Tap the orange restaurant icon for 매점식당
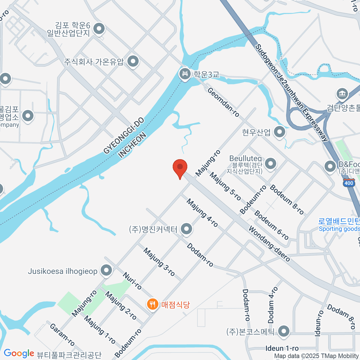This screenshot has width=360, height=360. tap(153, 304)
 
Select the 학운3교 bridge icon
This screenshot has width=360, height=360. tap(184, 73)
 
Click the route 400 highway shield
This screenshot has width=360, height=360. tap(349, 183)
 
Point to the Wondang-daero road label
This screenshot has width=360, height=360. tap(269, 244)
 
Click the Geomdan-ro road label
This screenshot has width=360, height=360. tap(223, 102)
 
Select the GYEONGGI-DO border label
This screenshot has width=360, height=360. tap(124, 136)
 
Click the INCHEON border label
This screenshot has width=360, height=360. tap(132, 145)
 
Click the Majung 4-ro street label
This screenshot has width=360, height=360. tap(202, 213)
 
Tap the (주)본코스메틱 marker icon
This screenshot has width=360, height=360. tap(283, 331)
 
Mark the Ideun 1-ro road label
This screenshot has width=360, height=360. tap(282, 348)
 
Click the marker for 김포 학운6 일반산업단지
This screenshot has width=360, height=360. tap(99, 29)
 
